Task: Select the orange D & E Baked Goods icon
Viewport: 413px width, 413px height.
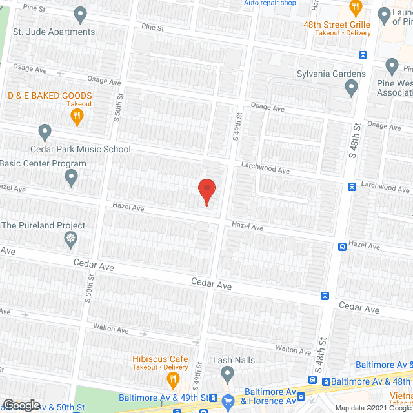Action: point(76,116)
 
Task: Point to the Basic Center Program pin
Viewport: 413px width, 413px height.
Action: point(71,177)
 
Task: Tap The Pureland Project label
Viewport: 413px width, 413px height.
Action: point(43,226)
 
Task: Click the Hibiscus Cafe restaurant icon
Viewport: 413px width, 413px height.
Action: point(172,378)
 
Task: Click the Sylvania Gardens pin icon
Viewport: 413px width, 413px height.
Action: point(351,87)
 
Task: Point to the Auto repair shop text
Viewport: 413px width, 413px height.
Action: point(270,3)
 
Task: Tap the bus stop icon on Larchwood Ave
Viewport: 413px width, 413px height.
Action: point(352,187)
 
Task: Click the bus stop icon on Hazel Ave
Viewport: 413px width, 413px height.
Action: point(343,247)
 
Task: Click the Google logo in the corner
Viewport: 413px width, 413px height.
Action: point(21,405)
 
